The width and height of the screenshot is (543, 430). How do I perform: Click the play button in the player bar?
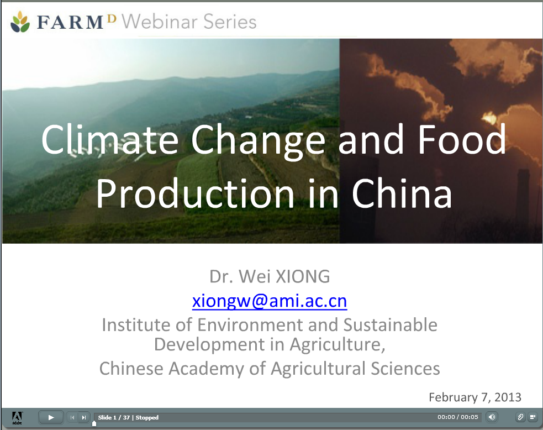coord(51,417)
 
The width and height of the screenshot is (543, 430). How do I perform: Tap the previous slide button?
coord(72,417)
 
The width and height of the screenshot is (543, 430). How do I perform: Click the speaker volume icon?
coord(492,417)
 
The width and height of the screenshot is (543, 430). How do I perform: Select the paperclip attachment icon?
coord(520,417)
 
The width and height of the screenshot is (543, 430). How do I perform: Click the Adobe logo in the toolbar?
coord(17,417)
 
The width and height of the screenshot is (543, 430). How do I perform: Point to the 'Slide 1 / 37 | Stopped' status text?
coord(128,417)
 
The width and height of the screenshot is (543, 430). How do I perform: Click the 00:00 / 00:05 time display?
coord(458,417)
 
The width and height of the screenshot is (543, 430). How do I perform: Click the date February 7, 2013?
coord(475,397)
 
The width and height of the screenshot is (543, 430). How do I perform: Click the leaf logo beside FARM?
coord(21,22)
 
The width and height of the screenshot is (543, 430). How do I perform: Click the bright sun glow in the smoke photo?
coord(489,117)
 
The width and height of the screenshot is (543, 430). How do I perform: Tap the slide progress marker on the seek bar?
coord(94,423)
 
